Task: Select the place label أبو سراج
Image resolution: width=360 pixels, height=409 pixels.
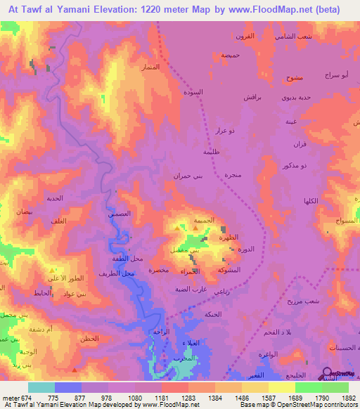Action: (336, 74)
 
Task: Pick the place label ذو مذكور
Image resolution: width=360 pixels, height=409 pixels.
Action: (294, 167)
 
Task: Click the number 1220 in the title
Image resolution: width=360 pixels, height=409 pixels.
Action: (149, 10)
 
